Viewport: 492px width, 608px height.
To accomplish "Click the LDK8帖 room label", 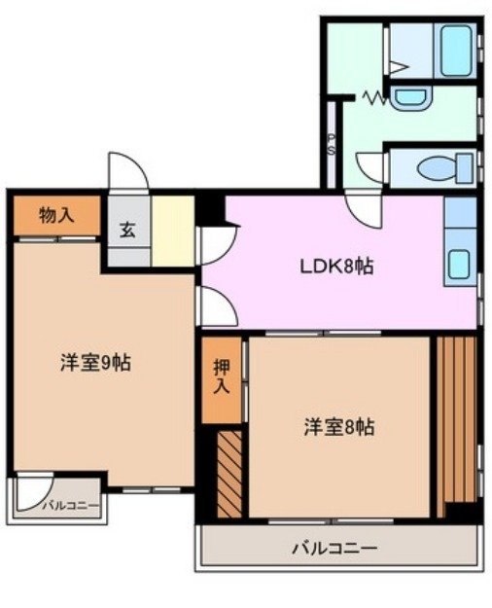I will coord(335,265).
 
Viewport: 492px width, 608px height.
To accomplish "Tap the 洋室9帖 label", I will coord(95,364).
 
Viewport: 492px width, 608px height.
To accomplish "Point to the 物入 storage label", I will coord(55,216).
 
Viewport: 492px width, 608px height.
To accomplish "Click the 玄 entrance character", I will coord(127,232).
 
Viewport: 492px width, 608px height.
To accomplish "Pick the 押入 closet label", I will coord(221,378).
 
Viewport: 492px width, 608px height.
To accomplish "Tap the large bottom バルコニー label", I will coord(334,549).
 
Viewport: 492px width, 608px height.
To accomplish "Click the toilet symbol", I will coord(442,168).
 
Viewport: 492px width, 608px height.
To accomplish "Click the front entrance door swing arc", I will coord(128,173).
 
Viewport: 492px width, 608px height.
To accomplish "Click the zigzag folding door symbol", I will coord(375,97).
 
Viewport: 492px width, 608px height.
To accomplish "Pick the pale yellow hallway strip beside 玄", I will coord(173,232).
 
